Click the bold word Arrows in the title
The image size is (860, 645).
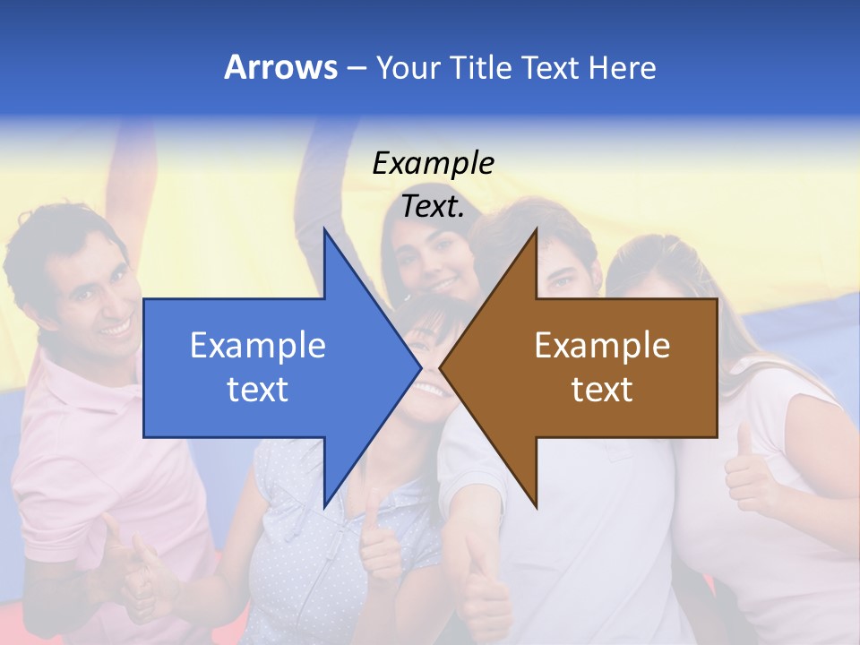280,67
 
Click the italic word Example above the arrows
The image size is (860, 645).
433,164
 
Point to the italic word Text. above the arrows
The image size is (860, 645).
433,206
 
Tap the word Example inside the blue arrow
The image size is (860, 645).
257,346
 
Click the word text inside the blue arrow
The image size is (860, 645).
257,389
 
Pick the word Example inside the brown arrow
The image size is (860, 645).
602,346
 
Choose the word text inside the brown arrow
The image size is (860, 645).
602,389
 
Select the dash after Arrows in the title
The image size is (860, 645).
356,68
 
